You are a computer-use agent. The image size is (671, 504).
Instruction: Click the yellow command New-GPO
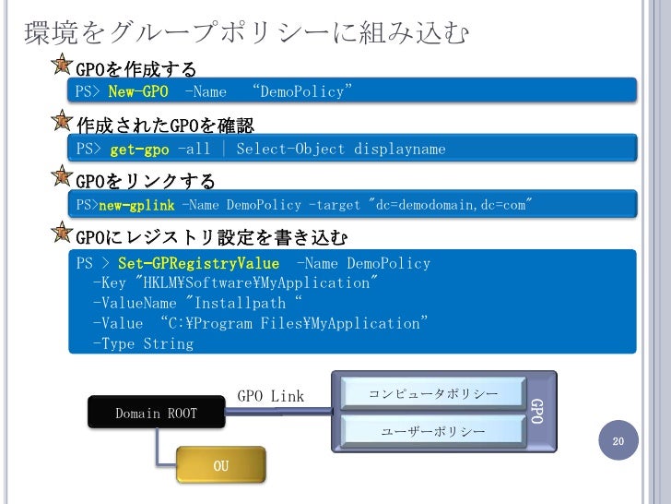click(138, 90)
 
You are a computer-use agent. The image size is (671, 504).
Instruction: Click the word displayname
click(399, 149)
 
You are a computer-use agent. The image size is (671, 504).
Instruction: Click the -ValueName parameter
click(135, 303)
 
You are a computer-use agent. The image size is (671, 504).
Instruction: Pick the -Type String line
click(143, 343)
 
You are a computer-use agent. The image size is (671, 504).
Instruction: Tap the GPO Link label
click(270, 396)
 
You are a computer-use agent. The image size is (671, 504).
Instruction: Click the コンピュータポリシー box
click(433, 394)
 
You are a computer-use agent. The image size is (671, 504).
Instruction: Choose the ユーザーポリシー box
click(433, 431)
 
